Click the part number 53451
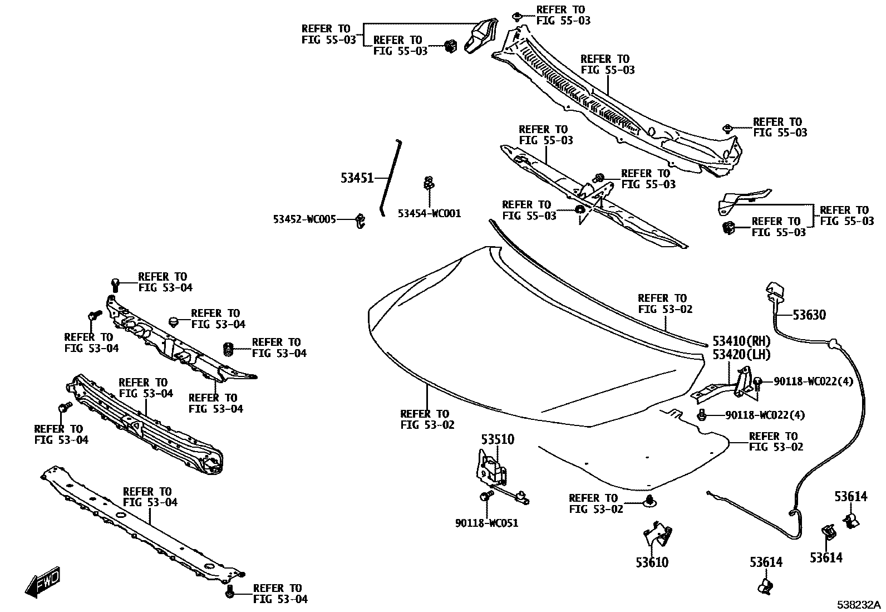[x=357, y=178]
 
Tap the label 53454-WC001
[x=429, y=213]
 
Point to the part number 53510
[x=498, y=440]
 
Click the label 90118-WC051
[x=486, y=523]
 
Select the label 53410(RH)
[x=741, y=341]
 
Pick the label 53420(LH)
[x=741, y=354]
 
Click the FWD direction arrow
[x=42, y=582]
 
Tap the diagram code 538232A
[x=860, y=605]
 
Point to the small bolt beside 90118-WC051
[x=485, y=496]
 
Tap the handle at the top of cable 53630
[x=775, y=291]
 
